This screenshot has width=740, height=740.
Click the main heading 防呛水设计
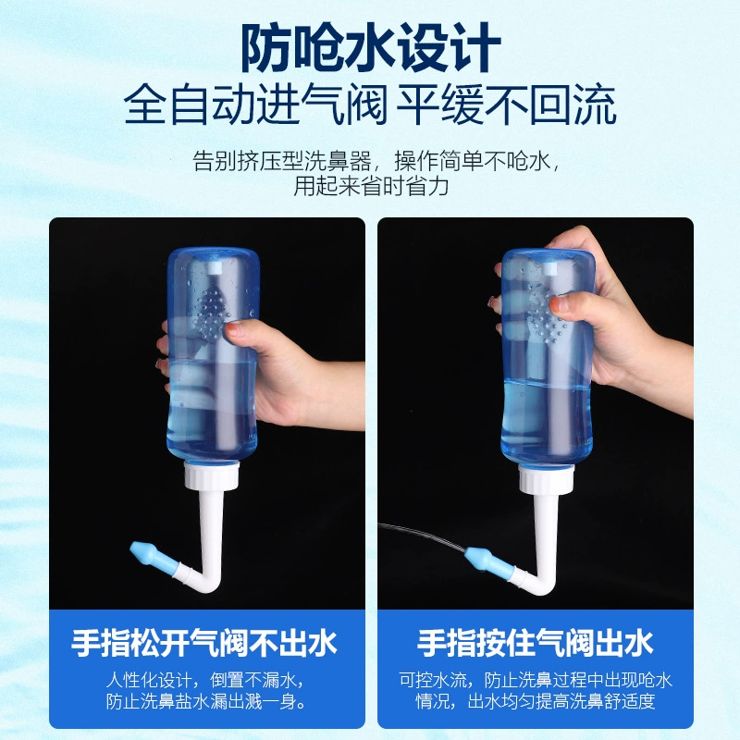(371, 48)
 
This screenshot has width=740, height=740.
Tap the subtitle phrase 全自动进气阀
(255, 105)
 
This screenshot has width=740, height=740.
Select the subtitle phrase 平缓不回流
(506, 105)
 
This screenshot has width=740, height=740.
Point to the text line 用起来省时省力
(371, 186)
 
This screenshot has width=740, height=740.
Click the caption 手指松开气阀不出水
(204, 643)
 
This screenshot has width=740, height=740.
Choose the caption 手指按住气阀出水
(535, 643)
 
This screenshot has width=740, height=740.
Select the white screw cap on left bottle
(212, 475)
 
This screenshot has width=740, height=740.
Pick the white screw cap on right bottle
(547, 478)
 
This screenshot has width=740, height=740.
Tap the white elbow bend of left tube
(207, 582)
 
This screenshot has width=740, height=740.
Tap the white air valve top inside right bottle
(549, 269)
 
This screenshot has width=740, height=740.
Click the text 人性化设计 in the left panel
(148, 680)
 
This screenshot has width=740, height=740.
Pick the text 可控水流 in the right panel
(433, 680)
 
